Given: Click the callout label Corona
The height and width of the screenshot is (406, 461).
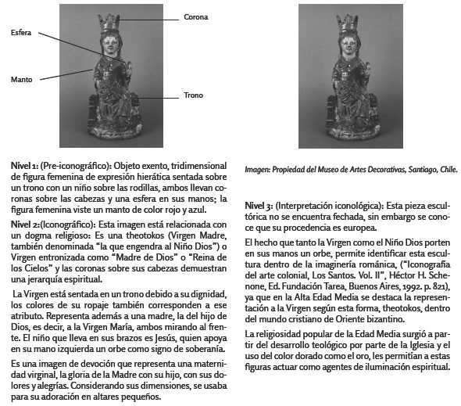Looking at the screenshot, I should click(196, 16).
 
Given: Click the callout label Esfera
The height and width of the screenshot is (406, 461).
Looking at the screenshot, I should click(21, 33).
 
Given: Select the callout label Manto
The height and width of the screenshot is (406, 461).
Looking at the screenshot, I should click(21, 79).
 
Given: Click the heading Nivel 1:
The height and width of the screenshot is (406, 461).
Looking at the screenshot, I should click(24, 167).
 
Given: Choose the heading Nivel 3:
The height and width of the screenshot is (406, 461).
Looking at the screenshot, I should click(259, 203).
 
